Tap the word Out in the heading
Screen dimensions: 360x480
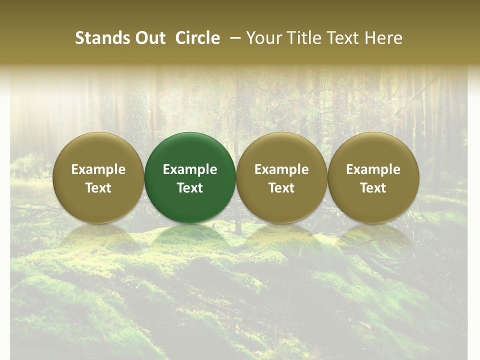(x=149, y=38)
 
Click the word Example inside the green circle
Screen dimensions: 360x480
(x=190, y=169)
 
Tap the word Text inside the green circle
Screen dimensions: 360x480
(x=190, y=188)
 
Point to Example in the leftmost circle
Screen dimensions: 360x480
(x=98, y=169)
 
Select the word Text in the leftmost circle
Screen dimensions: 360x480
(x=98, y=188)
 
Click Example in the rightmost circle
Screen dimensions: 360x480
(x=373, y=169)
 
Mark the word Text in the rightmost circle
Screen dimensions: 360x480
(x=373, y=188)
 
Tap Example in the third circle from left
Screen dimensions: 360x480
(x=281, y=169)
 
